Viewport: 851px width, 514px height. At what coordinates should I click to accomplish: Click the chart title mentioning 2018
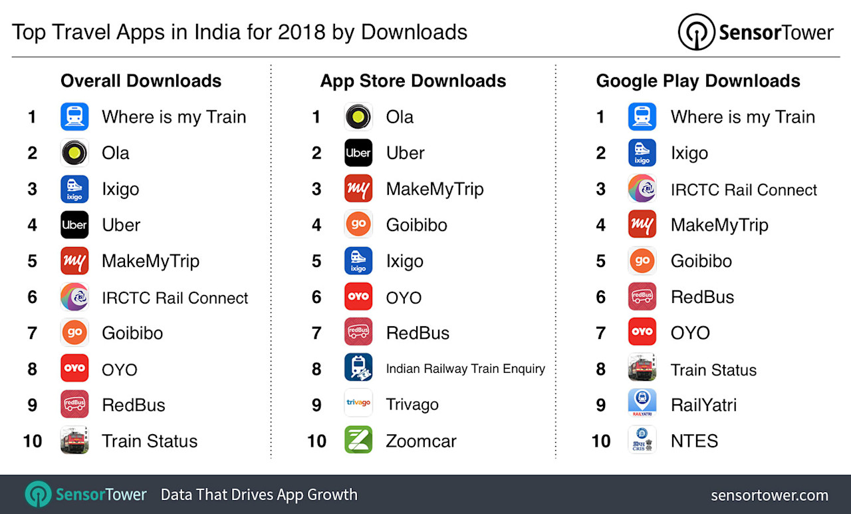click(x=239, y=31)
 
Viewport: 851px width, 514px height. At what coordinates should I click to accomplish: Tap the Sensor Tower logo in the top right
click(x=755, y=33)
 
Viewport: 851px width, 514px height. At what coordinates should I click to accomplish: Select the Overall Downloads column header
click(x=141, y=81)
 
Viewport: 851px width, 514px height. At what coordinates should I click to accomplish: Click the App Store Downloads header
click(x=413, y=81)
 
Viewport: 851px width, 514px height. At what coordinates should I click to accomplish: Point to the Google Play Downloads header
click(x=697, y=81)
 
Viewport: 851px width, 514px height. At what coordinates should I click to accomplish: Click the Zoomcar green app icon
click(x=358, y=440)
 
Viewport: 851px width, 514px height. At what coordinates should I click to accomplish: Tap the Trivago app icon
click(x=358, y=404)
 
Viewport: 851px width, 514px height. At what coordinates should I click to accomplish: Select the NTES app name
click(x=694, y=441)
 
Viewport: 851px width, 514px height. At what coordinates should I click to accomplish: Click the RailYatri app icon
click(x=642, y=404)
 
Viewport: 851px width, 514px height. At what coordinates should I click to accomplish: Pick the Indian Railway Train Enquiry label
click(x=465, y=369)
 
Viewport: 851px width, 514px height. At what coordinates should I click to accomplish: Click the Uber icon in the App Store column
click(x=358, y=153)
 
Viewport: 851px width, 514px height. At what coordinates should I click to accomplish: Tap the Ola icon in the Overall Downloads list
click(x=74, y=153)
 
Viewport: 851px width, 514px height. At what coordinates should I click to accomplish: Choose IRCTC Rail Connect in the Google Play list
click(x=743, y=190)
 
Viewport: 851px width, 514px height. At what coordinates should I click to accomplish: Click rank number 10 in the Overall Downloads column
click(x=32, y=441)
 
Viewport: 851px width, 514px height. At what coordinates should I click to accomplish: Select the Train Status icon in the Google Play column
click(x=642, y=368)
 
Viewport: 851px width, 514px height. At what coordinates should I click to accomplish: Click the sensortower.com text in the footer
click(x=769, y=495)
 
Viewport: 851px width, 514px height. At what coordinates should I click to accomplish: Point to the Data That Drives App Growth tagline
click(x=259, y=495)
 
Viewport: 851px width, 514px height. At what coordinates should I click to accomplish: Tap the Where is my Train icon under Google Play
click(x=642, y=117)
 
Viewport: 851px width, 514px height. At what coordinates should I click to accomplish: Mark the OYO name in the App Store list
click(x=404, y=298)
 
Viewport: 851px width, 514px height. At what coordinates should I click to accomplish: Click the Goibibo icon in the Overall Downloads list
click(x=74, y=333)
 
